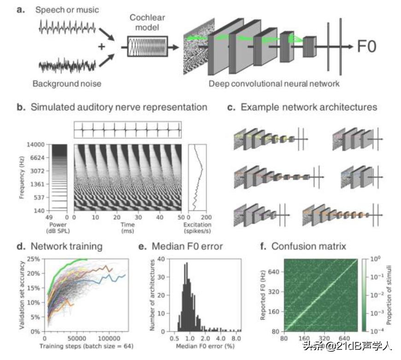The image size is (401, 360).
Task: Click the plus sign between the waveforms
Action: point(102,46)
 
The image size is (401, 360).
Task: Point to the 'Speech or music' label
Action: point(67,10)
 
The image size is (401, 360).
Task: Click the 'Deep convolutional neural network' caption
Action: point(274,84)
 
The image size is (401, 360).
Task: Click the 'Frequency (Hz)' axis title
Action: point(22,178)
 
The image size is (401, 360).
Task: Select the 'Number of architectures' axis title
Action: point(153,295)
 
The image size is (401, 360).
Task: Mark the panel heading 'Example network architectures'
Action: point(308,108)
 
